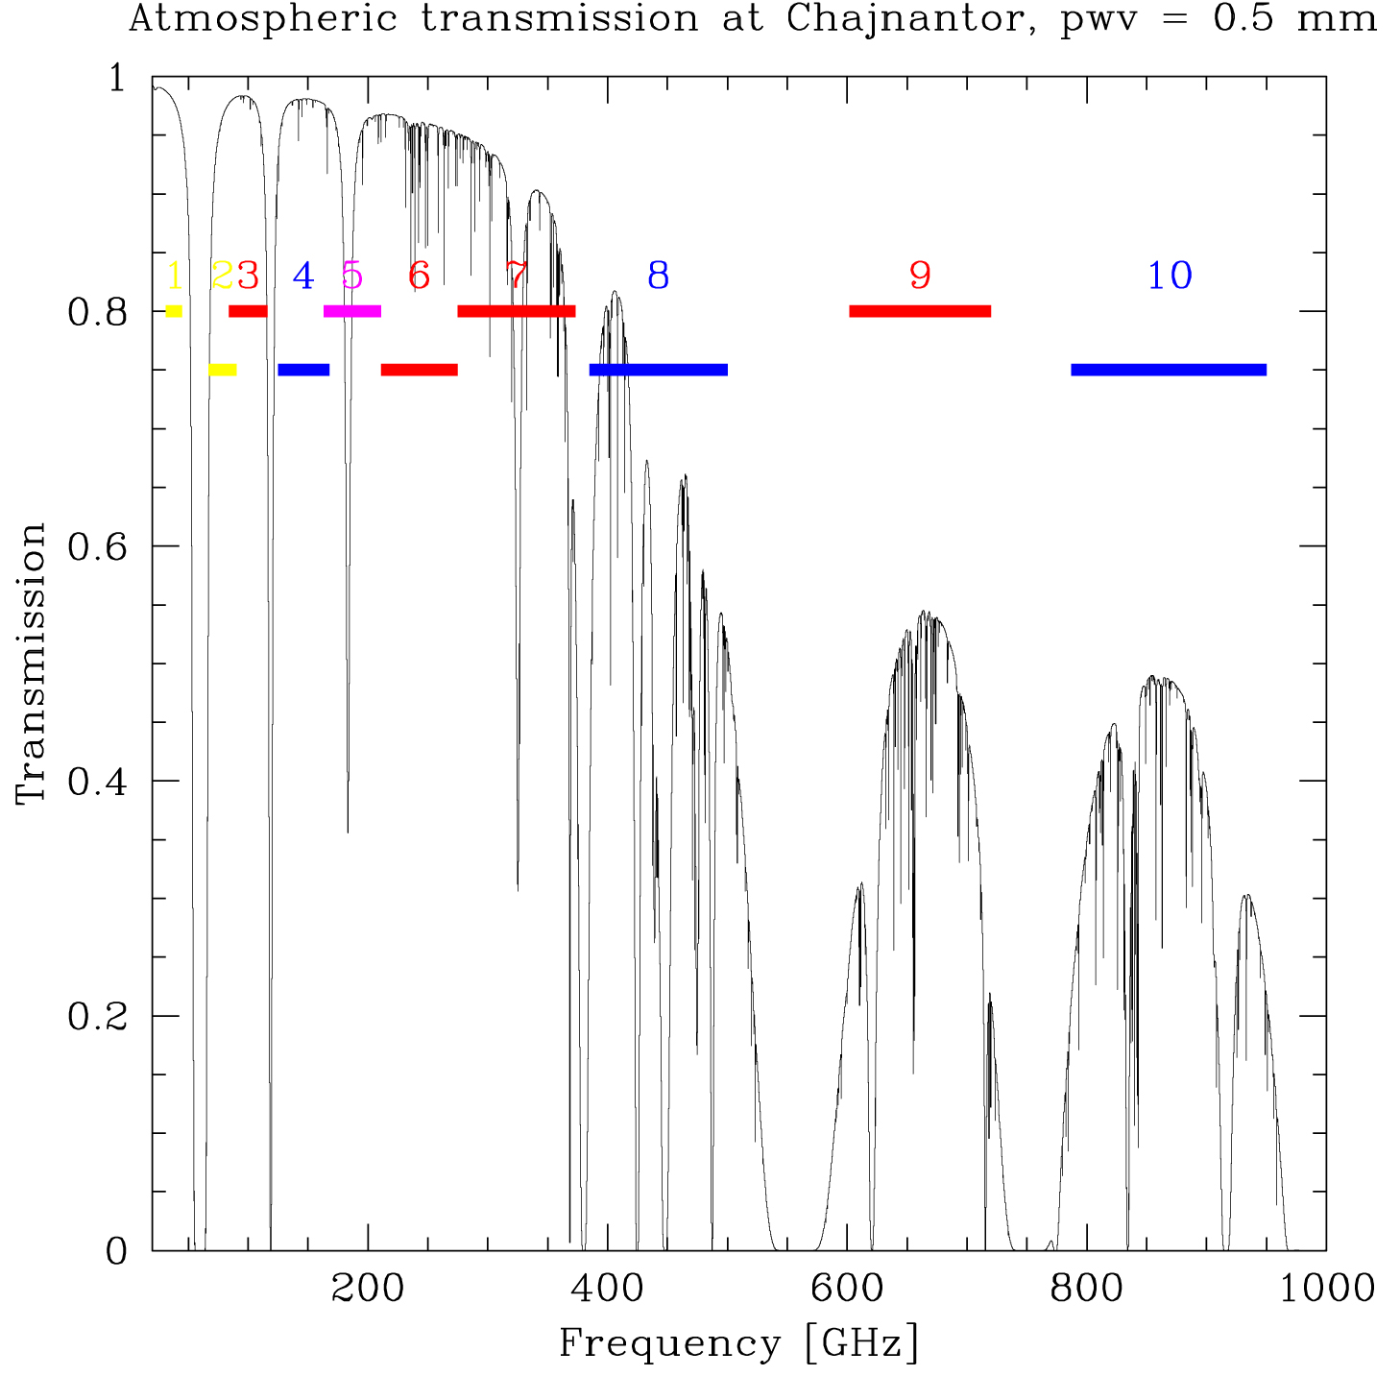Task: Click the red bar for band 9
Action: click(x=919, y=311)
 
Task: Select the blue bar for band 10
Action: click(x=1168, y=370)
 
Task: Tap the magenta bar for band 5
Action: click(x=352, y=311)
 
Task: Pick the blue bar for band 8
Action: click(x=659, y=370)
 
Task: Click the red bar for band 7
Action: click(x=517, y=311)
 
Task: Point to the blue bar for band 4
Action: click(x=303, y=370)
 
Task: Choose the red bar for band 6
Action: click(x=419, y=370)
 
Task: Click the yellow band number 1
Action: click(x=174, y=277)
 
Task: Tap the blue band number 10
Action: click(x=1170, y=277)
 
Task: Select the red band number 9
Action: click(x=920, y=277)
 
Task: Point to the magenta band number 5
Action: click(x=352, y=277)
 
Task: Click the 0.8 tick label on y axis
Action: click(x=97, y=312)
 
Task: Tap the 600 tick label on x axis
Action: click(x=846, y=1289)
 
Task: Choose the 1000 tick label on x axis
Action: click(x=1327, y=1289)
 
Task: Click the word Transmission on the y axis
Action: click(x=32, y=663)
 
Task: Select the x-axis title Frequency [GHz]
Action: click(x=738, y=1343)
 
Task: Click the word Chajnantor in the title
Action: click(x=905, y=19)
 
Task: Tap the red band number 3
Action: click(x=248, y=277)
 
